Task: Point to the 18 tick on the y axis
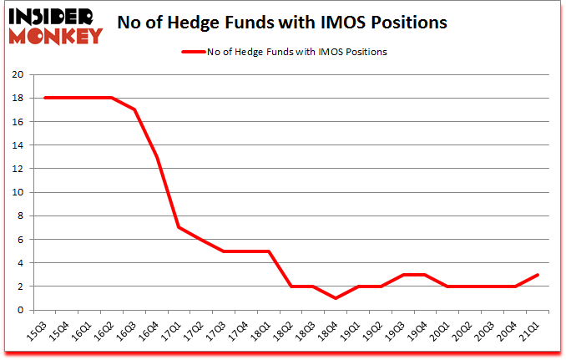[x=18, y=98]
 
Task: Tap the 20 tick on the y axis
[x=18, y=74]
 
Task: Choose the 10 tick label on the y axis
[x=18, y=192]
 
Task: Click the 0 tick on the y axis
[x=21, y=310]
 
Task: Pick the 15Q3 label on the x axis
[x=37, y=332]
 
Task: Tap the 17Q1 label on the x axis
[x=171, y=332]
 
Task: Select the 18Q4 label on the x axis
[x=328, y=332]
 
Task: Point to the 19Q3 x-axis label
[x=395, y=332]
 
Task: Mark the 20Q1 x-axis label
[x=440, y=332]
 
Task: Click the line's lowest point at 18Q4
[x=336, y=298]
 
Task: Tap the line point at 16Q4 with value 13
[x=156, y=157]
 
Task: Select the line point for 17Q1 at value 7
[x=179, y=227]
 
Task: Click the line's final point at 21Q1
[x=537, y=275]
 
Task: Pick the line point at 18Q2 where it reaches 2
[x=291, y=286]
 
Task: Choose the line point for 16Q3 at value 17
[x=134, y=109]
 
